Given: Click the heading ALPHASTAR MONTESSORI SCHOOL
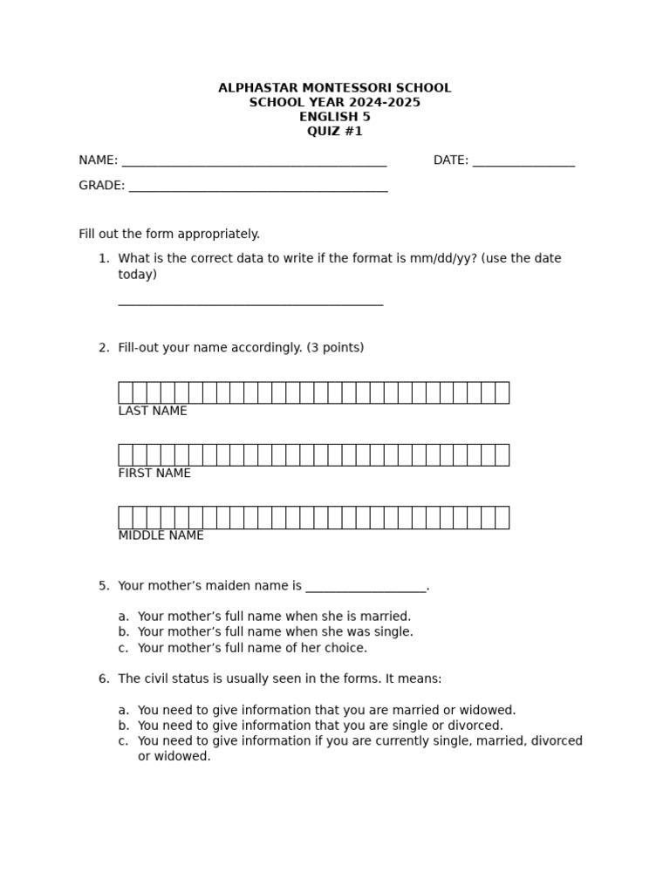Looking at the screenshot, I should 334,88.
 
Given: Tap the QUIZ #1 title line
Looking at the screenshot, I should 334,132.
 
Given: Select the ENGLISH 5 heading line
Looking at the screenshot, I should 334,117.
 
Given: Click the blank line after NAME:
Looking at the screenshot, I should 254,162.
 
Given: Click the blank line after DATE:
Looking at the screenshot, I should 523,162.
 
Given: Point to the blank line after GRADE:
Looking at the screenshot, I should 257,187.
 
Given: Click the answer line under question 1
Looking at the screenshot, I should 250,303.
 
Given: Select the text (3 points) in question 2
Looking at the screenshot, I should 335,348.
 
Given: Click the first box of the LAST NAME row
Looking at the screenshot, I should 126,392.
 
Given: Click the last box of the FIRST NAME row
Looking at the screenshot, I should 502,455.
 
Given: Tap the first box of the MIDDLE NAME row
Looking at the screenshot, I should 126,517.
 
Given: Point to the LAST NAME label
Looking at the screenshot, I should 153,411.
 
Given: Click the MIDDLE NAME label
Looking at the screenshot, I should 161,535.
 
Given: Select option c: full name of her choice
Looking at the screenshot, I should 252,648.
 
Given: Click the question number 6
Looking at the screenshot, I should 103,678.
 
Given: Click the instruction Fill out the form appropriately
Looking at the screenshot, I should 169,234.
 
